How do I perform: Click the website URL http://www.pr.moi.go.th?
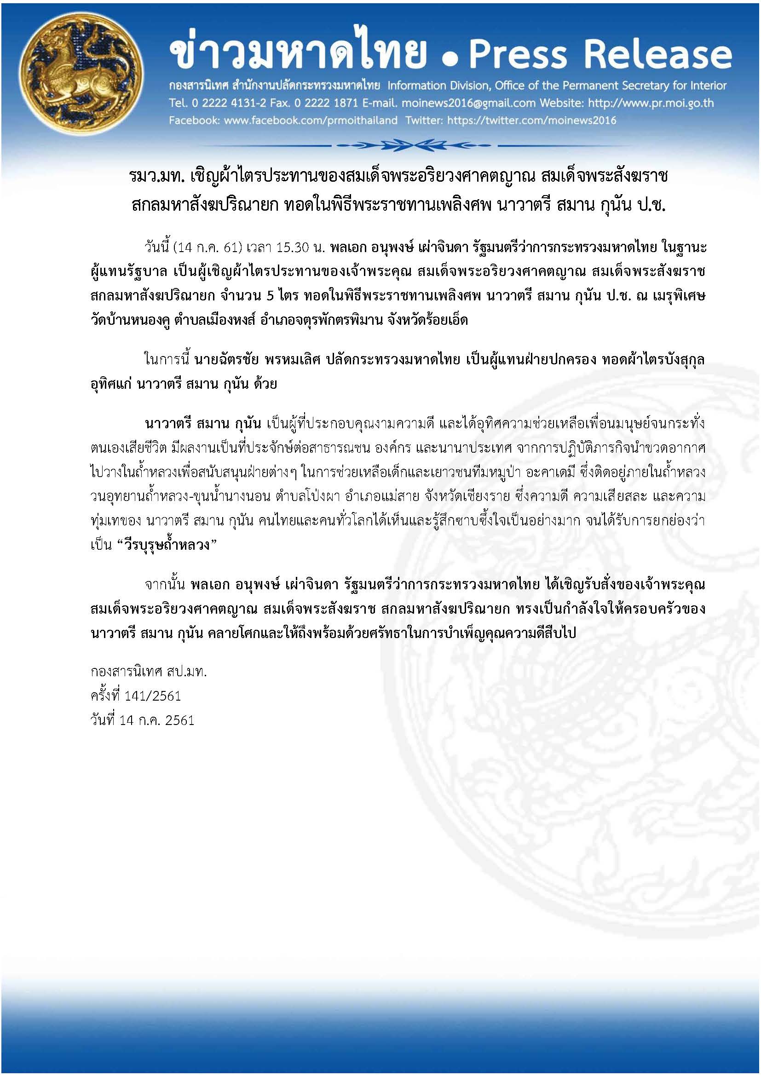(x=651, y=103)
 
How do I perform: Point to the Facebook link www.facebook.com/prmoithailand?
(x=310, y=121)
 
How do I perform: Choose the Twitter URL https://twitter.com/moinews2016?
(x=531, y=121)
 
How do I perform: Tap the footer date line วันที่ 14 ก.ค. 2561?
(x=142, y=720)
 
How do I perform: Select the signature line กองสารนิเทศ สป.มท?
(x=149, y=672)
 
